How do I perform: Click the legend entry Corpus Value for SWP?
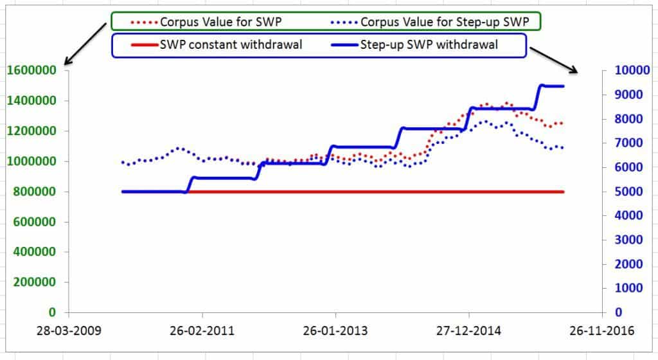[x=206, y=22]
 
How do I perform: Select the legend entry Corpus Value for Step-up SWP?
[x=430, y=22]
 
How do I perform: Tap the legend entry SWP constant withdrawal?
[x=217, y=44]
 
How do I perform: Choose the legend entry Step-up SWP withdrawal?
[x=414, y=44]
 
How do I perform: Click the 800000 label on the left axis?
[x=35, y=192]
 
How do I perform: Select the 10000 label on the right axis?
[x=632, y=70]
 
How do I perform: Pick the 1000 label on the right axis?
[x=628, y=288]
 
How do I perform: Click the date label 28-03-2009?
[x=69, y=330]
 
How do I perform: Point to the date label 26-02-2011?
[x=202, y=330]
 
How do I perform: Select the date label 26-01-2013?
[x=335, y=330]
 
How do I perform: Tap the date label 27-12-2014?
[x=468, y=330]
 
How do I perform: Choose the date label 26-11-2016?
[x=601, y=330]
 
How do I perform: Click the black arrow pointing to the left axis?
[x=85, y=44]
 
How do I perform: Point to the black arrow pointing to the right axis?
[x=554, y=60]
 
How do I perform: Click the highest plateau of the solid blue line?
[x=553, y=86]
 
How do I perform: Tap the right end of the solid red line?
[x=564, y=192]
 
